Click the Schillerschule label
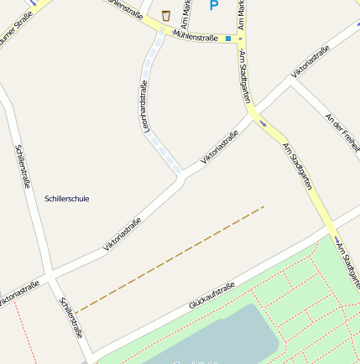coord(66,199)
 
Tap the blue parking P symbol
coord(213,6)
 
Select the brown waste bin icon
coord(166,15)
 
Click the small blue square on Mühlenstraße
coord(227,38)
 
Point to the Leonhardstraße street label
coord(148,105)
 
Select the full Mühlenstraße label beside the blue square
coord(195,35)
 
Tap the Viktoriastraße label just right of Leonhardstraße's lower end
coord(219,146)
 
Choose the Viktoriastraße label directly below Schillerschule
coord(122,234)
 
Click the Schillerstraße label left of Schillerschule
coord(24,165)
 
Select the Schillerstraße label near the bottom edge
coord(70,318)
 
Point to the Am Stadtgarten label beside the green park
coord(347,264)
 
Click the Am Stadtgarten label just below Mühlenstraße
coord(245,76)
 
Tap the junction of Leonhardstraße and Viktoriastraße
coord(180,177)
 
